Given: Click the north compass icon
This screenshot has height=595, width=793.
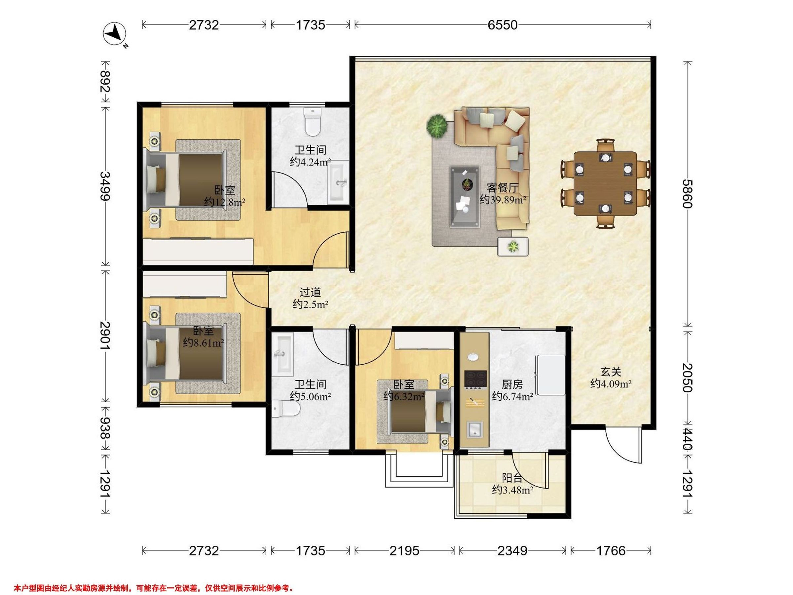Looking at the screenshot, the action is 115,34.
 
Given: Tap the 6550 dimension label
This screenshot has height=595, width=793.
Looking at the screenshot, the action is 502,25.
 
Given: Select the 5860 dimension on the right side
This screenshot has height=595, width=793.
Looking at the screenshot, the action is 687,194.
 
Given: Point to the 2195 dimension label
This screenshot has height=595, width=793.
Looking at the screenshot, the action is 404,550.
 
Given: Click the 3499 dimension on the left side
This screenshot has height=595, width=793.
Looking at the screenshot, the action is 105,186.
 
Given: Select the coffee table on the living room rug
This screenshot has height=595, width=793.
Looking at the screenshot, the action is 465,197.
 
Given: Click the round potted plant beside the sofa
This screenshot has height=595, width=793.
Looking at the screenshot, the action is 437,126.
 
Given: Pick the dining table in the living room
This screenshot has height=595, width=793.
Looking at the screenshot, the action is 605,183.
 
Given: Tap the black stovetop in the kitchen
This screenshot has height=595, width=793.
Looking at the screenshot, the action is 475,380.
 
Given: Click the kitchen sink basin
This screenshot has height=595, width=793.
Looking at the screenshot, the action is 475,430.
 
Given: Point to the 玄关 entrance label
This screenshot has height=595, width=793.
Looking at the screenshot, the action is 611,372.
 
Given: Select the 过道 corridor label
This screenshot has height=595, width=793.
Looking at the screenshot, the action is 310,292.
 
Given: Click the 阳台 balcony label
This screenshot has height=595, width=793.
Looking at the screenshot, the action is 511,478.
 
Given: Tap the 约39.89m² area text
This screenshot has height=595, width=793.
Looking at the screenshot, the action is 503,199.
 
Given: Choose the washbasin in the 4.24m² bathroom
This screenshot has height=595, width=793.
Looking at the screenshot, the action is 338,182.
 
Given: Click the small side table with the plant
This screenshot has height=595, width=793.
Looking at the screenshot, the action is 513,246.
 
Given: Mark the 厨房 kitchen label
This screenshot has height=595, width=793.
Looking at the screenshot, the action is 512,384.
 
